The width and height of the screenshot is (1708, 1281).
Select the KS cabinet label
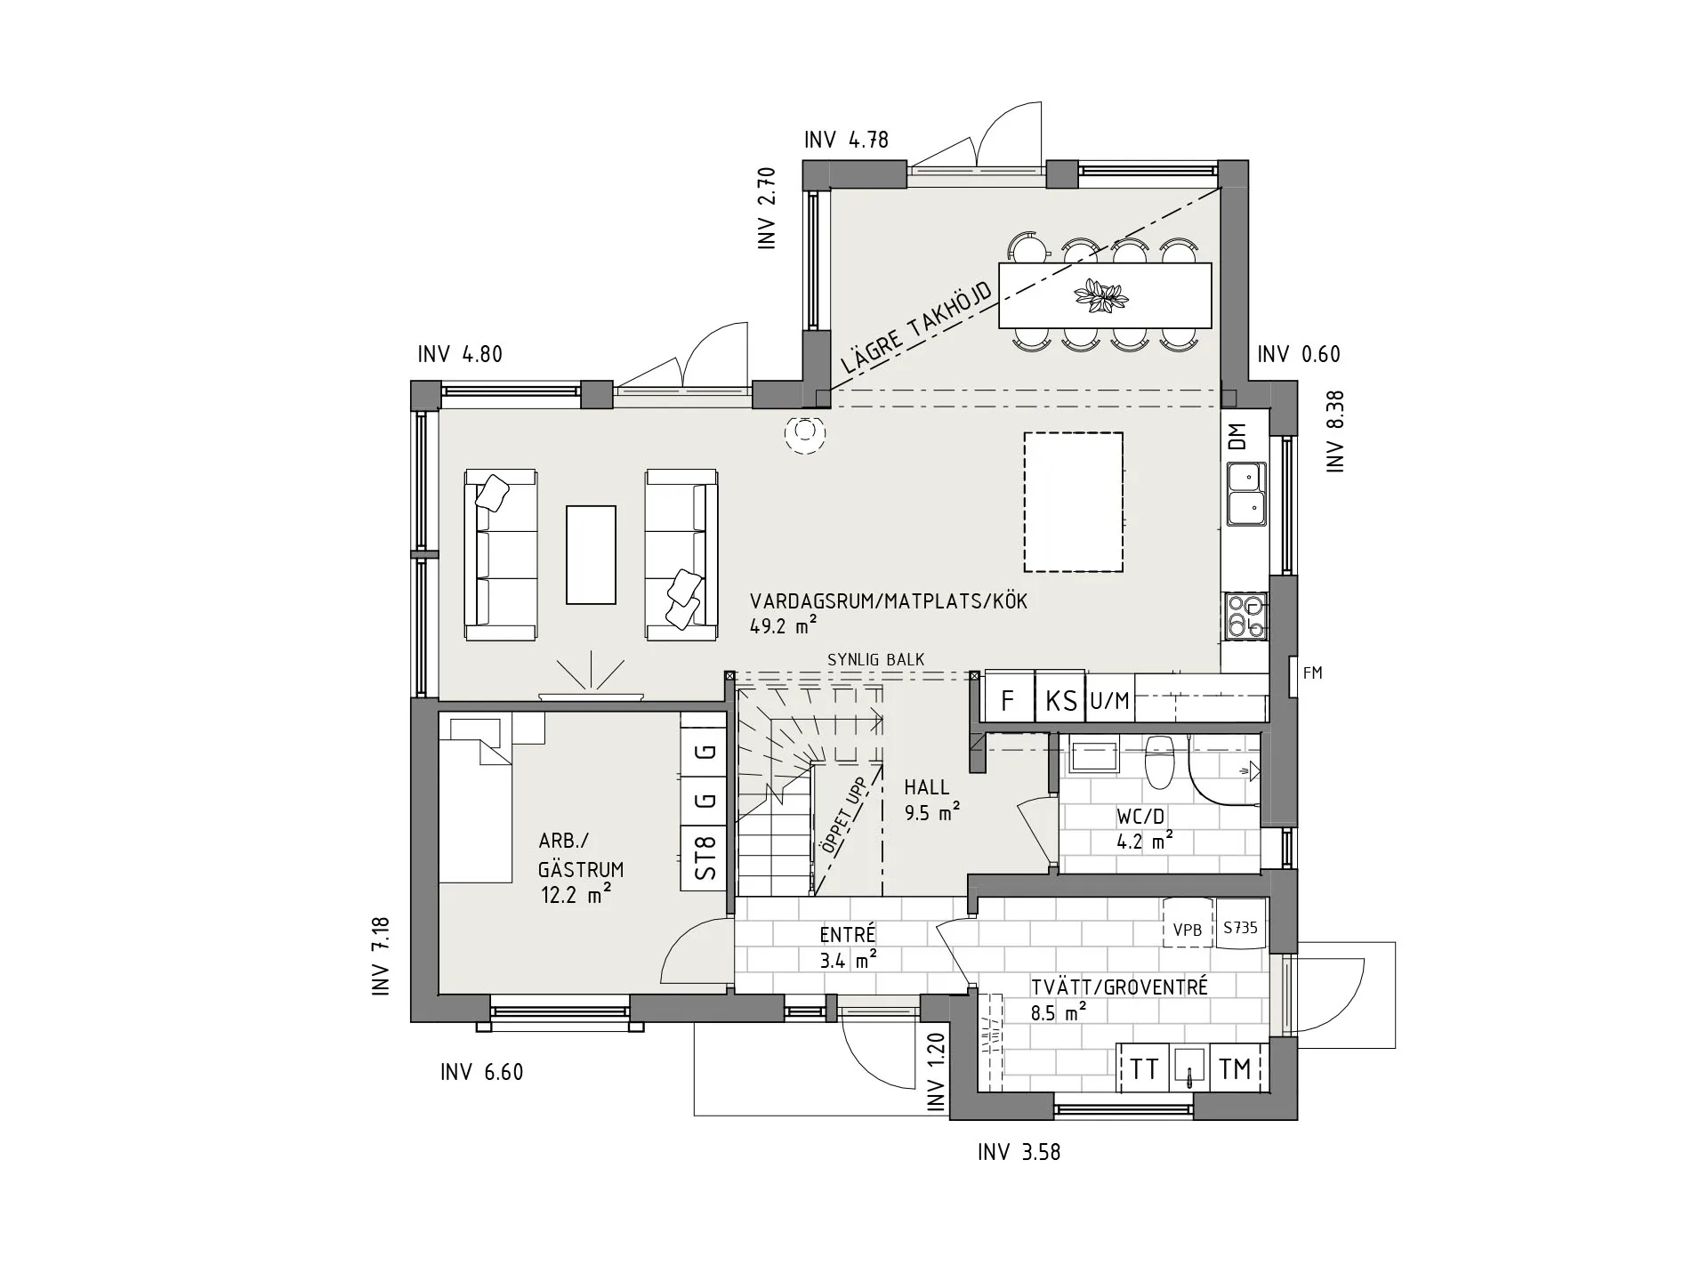[1060, 701]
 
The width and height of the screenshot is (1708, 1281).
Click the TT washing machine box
[1144, 1068]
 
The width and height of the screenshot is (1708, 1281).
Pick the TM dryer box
[1236, 1068]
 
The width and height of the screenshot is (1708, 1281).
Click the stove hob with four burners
[1245, 616]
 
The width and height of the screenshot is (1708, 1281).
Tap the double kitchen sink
[1247, 493]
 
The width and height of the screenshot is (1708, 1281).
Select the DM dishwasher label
[1237, 436]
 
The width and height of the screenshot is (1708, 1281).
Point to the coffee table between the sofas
[591, 554]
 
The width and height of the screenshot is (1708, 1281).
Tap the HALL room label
[927, 787]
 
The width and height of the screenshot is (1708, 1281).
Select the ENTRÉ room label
[848, 934]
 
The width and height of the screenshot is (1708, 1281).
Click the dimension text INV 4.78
[846, 140]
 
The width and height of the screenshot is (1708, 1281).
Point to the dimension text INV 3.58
[1019, 1152]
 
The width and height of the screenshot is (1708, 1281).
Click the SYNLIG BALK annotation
[876, 659]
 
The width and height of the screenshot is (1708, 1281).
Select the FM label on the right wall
[1313, 673]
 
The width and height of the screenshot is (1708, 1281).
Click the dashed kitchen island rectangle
[1073, 432]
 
